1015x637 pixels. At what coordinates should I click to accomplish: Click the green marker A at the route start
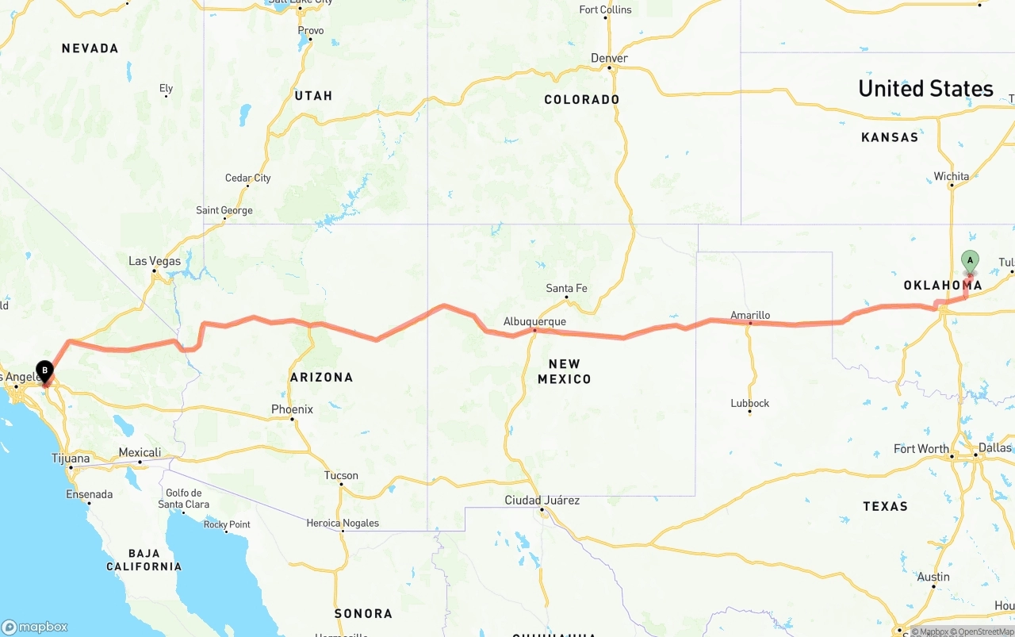969,261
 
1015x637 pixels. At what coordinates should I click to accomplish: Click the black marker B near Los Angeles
45,370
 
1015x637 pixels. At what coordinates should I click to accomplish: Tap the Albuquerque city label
534,321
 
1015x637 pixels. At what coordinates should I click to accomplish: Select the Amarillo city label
750,315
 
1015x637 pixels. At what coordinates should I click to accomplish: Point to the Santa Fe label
566,288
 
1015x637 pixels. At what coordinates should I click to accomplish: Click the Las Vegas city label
155,261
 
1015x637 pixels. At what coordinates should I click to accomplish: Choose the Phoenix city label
292,409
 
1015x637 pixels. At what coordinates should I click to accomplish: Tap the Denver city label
609,58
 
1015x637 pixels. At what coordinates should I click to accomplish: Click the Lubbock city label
750,403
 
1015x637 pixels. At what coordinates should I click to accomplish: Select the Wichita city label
951,176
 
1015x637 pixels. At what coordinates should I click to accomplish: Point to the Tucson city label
341,475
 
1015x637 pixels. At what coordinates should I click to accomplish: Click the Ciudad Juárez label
542,500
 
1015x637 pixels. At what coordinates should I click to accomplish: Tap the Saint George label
224,210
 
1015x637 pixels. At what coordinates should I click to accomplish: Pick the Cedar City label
247,178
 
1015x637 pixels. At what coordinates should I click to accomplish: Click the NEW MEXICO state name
565,371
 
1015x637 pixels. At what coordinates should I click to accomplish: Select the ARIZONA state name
321,377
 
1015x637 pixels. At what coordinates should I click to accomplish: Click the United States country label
925,89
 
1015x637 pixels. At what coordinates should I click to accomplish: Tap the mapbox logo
35,627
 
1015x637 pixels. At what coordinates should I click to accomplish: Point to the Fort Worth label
921,449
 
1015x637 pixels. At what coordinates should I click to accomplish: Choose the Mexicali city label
140,452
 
